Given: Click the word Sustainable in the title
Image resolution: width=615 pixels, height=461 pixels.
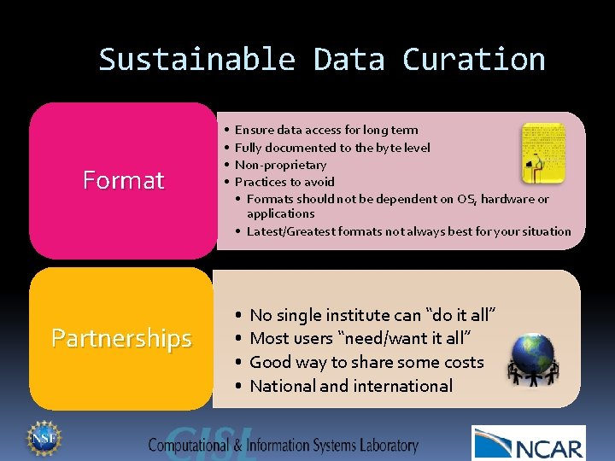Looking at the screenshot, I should (196, 60).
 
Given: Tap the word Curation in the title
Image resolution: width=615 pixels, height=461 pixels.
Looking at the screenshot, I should (473, 60).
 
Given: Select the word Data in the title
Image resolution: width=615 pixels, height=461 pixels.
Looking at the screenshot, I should (348, 60).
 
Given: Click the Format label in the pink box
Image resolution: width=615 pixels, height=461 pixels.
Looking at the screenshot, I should (123, 180).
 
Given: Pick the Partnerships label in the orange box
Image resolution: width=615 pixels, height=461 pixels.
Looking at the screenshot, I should (121, 338).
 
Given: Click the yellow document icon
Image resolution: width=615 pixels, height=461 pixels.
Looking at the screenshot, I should (543, 152).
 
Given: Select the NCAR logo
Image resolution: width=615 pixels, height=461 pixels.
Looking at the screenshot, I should (528, 443).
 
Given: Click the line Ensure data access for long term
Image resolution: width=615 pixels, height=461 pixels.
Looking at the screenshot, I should (326, 130).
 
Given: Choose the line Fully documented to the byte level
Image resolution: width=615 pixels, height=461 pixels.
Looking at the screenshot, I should (332, 148).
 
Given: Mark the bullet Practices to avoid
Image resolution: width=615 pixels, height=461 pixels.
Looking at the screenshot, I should (284, 182).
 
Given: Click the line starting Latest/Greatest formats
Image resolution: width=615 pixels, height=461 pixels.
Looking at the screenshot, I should (408, 231).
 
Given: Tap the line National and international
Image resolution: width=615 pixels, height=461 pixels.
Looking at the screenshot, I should (351, 386).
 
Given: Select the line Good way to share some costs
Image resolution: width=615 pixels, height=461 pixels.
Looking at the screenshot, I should (366, 362).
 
